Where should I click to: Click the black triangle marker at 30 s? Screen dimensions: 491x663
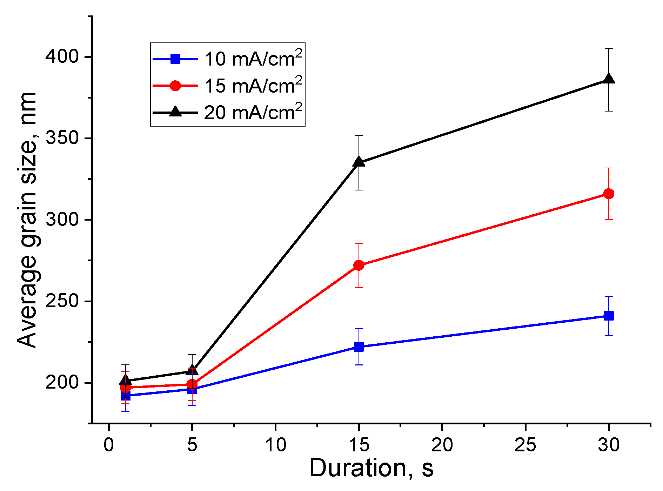(x=609, y=79)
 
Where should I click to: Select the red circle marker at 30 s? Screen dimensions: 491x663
(x=609, y=194)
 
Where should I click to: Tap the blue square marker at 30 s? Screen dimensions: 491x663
(x=609, y=316)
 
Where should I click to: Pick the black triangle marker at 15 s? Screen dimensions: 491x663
(x=359, y=162)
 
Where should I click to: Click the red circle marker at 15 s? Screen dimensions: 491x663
(x=359, y=265)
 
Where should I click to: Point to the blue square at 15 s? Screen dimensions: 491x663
(x=359, y=347)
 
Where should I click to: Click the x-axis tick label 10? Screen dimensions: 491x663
(x=275, y=445)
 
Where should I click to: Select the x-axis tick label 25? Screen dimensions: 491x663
(x=525, y=445)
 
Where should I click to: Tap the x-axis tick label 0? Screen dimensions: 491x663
(x=109, y=445)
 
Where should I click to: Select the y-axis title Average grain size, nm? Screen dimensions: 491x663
(x=27, y=220)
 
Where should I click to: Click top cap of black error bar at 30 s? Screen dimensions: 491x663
(x=609, y=48)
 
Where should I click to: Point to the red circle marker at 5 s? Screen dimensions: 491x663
(x=192, y=384)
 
